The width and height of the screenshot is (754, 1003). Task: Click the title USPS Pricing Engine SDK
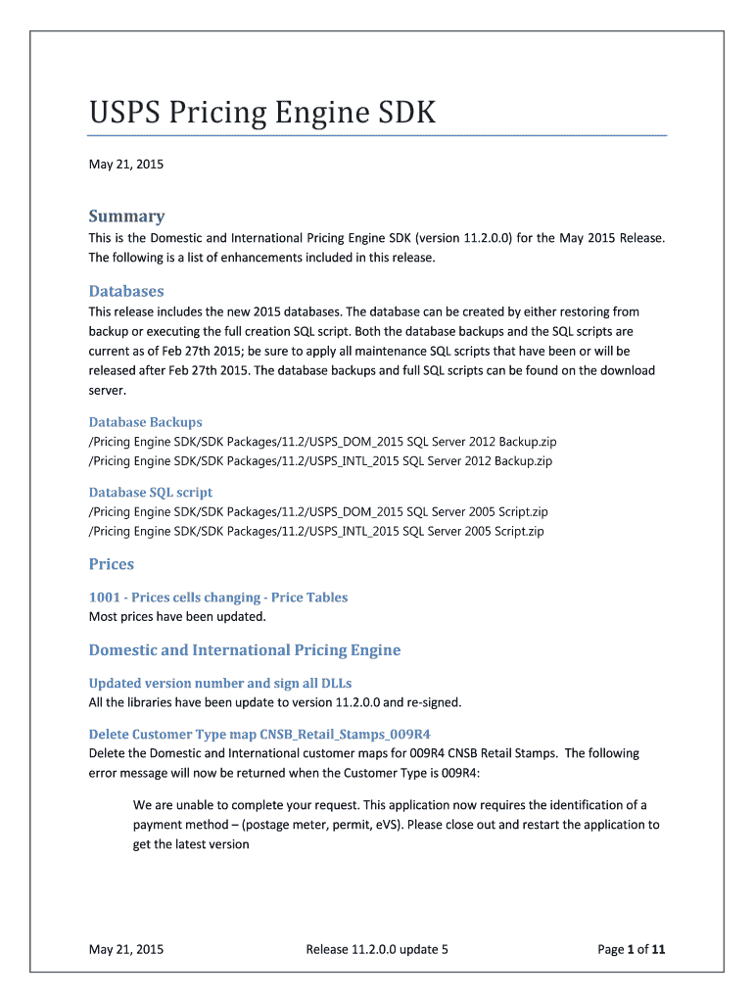262,114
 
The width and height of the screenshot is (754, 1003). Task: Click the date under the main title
126,165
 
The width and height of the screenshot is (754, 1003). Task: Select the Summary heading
126,216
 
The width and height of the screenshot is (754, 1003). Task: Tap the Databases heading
126,291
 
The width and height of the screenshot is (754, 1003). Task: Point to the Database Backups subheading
146,422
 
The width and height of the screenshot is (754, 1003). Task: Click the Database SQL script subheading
151,493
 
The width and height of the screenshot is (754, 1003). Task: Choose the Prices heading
112,564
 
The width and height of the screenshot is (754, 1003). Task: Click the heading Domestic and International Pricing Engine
245,650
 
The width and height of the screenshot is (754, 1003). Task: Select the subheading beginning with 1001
218,597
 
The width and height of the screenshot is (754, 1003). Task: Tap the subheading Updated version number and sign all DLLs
220,683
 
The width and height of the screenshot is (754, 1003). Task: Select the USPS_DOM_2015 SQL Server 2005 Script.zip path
318,511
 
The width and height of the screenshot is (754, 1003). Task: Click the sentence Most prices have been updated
177,617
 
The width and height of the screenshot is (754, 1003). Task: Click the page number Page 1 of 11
632,948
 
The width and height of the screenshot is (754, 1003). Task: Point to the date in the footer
126,948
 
